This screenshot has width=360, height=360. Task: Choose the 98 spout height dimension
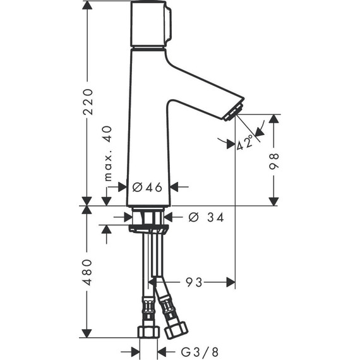point(273,160)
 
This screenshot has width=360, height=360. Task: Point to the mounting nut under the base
point(148,225)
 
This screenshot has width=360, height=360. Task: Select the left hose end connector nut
point(148,331)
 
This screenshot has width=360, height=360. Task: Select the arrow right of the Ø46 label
point(176,187)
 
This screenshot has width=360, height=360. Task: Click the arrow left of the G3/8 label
point(135,351)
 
